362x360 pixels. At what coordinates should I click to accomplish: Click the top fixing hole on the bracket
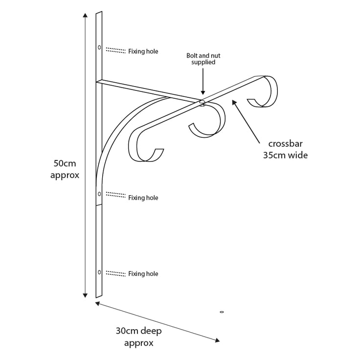click(99, 47)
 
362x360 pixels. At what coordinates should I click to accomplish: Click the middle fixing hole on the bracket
click(99, 194)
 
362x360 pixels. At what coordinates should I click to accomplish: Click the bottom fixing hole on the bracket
click(99, 271)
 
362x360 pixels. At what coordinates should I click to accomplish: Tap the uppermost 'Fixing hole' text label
click(143, 51)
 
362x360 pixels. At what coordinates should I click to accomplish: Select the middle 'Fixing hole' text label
click(143, 198)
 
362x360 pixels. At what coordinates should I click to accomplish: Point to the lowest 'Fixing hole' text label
click(143, 274)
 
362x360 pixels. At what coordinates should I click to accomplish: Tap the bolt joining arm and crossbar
click(202, 103)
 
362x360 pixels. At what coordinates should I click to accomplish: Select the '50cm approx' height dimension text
click(65, 169)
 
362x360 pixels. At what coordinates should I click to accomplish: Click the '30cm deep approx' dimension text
click(139, 337)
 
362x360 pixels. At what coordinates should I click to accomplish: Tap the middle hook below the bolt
click(208, 122)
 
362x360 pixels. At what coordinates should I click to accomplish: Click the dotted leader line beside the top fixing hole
click(115, 50)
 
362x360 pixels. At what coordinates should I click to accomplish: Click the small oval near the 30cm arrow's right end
click(222, 312)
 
